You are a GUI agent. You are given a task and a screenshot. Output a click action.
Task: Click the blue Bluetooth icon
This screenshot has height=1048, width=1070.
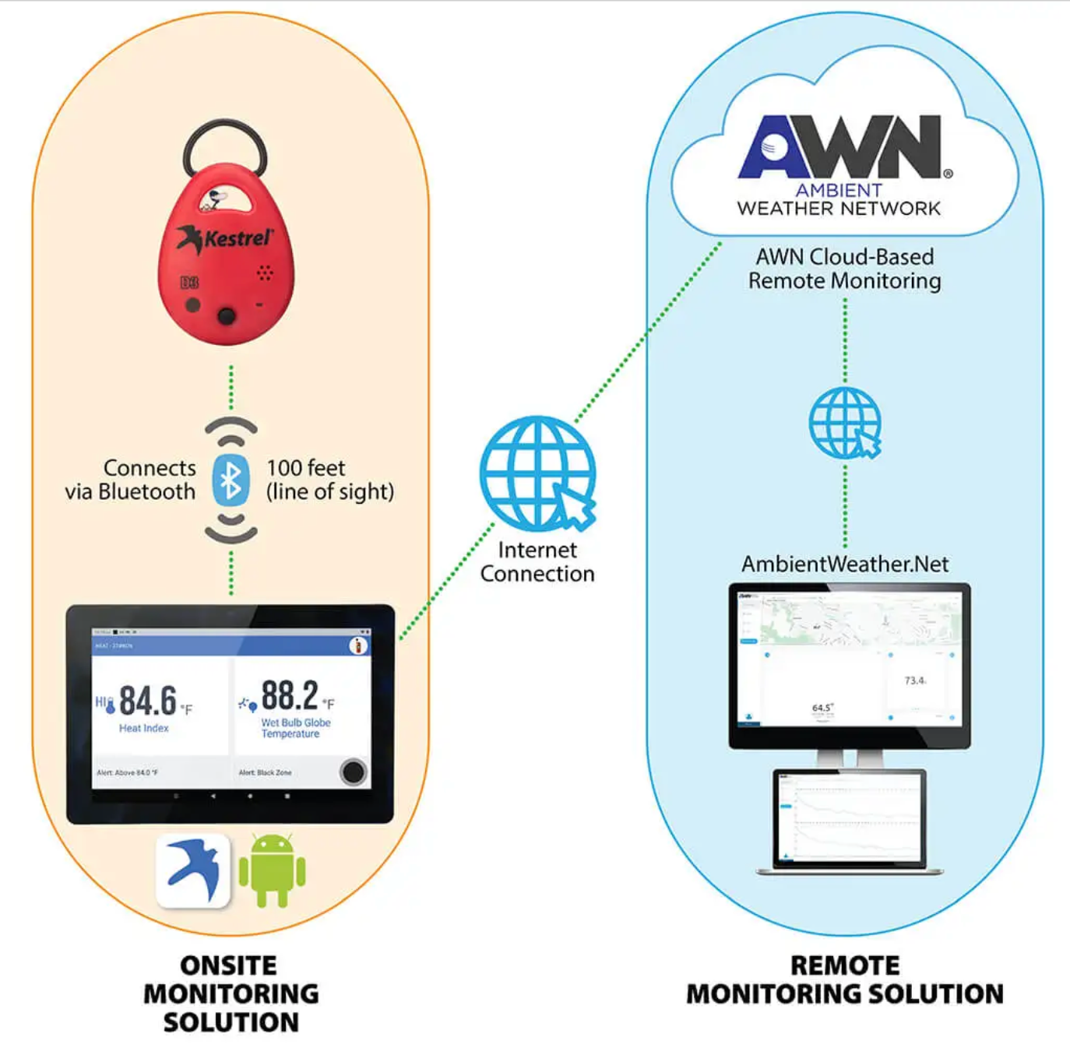(231, 480)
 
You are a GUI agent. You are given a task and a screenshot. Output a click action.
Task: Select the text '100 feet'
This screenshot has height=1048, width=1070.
(305, 468)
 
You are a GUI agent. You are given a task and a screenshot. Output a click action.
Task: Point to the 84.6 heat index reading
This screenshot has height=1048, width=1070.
(148, 700)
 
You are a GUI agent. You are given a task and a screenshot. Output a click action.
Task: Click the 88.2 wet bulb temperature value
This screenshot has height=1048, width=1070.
(290, 695)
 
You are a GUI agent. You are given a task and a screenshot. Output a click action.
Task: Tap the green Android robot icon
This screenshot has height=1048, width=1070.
(272, 870)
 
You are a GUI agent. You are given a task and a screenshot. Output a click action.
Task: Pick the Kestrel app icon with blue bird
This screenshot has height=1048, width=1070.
(193, 870)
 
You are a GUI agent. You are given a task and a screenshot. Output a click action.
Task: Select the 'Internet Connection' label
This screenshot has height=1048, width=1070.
(537, 562)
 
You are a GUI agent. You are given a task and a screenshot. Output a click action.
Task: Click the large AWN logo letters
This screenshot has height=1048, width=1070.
(841, 148)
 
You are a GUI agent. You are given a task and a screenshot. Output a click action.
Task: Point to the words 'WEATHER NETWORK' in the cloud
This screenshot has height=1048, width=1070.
(839, 209)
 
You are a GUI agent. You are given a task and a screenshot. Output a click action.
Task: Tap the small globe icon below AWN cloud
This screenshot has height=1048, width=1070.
(845, 424)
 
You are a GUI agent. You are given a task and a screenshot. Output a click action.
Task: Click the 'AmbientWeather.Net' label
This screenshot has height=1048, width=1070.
(845, 564)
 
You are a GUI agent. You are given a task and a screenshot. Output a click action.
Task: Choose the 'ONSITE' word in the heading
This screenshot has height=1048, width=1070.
(229, 965)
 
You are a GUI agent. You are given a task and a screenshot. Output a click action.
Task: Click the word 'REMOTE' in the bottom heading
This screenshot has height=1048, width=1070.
(845, 965)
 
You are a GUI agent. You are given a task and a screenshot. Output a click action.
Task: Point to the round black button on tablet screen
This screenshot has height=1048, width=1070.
(353, 772)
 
